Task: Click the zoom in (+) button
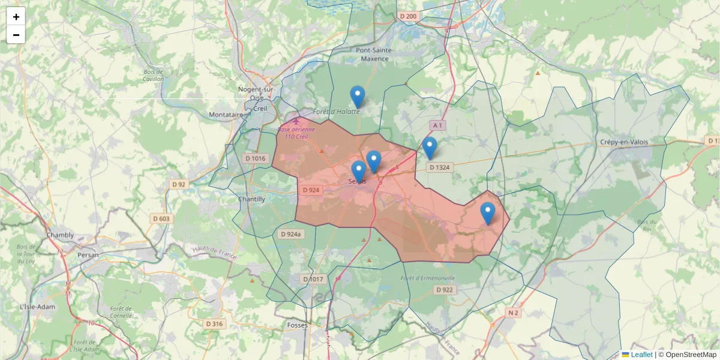16,17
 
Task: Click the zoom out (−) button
16,35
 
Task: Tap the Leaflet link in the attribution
641,355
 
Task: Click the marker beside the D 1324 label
430,148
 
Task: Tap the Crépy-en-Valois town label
624,142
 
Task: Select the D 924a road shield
291,234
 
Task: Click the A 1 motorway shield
437,125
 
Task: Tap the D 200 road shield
407,16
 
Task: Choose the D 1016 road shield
255,158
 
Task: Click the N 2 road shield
512,313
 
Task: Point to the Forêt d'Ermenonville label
428,278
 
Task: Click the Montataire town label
226,115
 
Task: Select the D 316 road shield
214,324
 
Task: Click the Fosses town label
298,325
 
